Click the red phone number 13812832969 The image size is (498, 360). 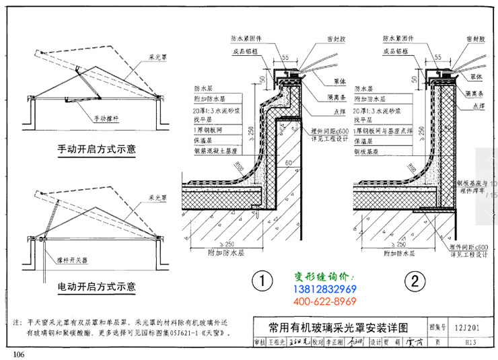(325, 289)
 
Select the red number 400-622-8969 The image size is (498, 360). (325, 300)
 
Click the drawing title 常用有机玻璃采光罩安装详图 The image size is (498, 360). (338, 328)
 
